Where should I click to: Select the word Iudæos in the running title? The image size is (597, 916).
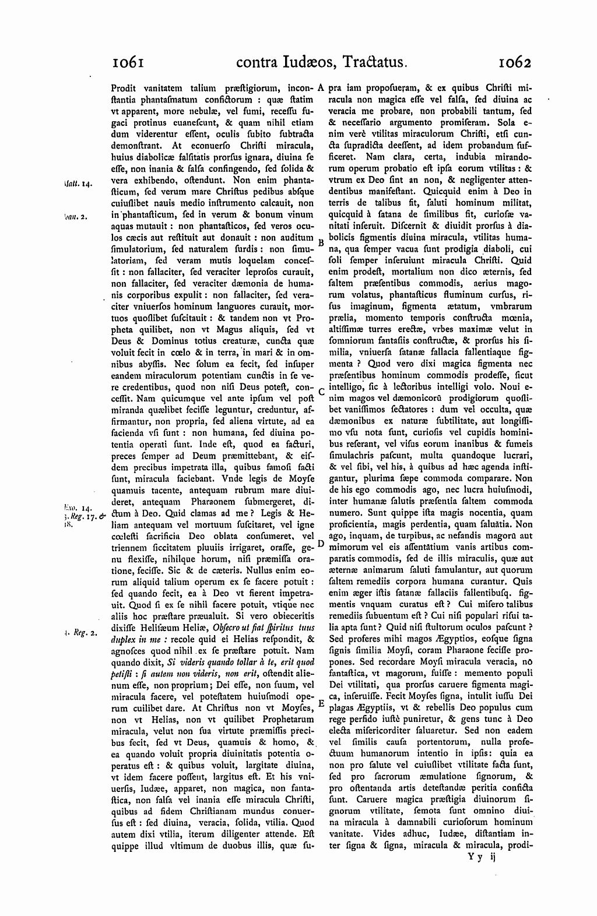301,62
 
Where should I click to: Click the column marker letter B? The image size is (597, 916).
320,242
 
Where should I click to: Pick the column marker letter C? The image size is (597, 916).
321,392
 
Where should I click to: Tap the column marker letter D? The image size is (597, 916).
321,544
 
